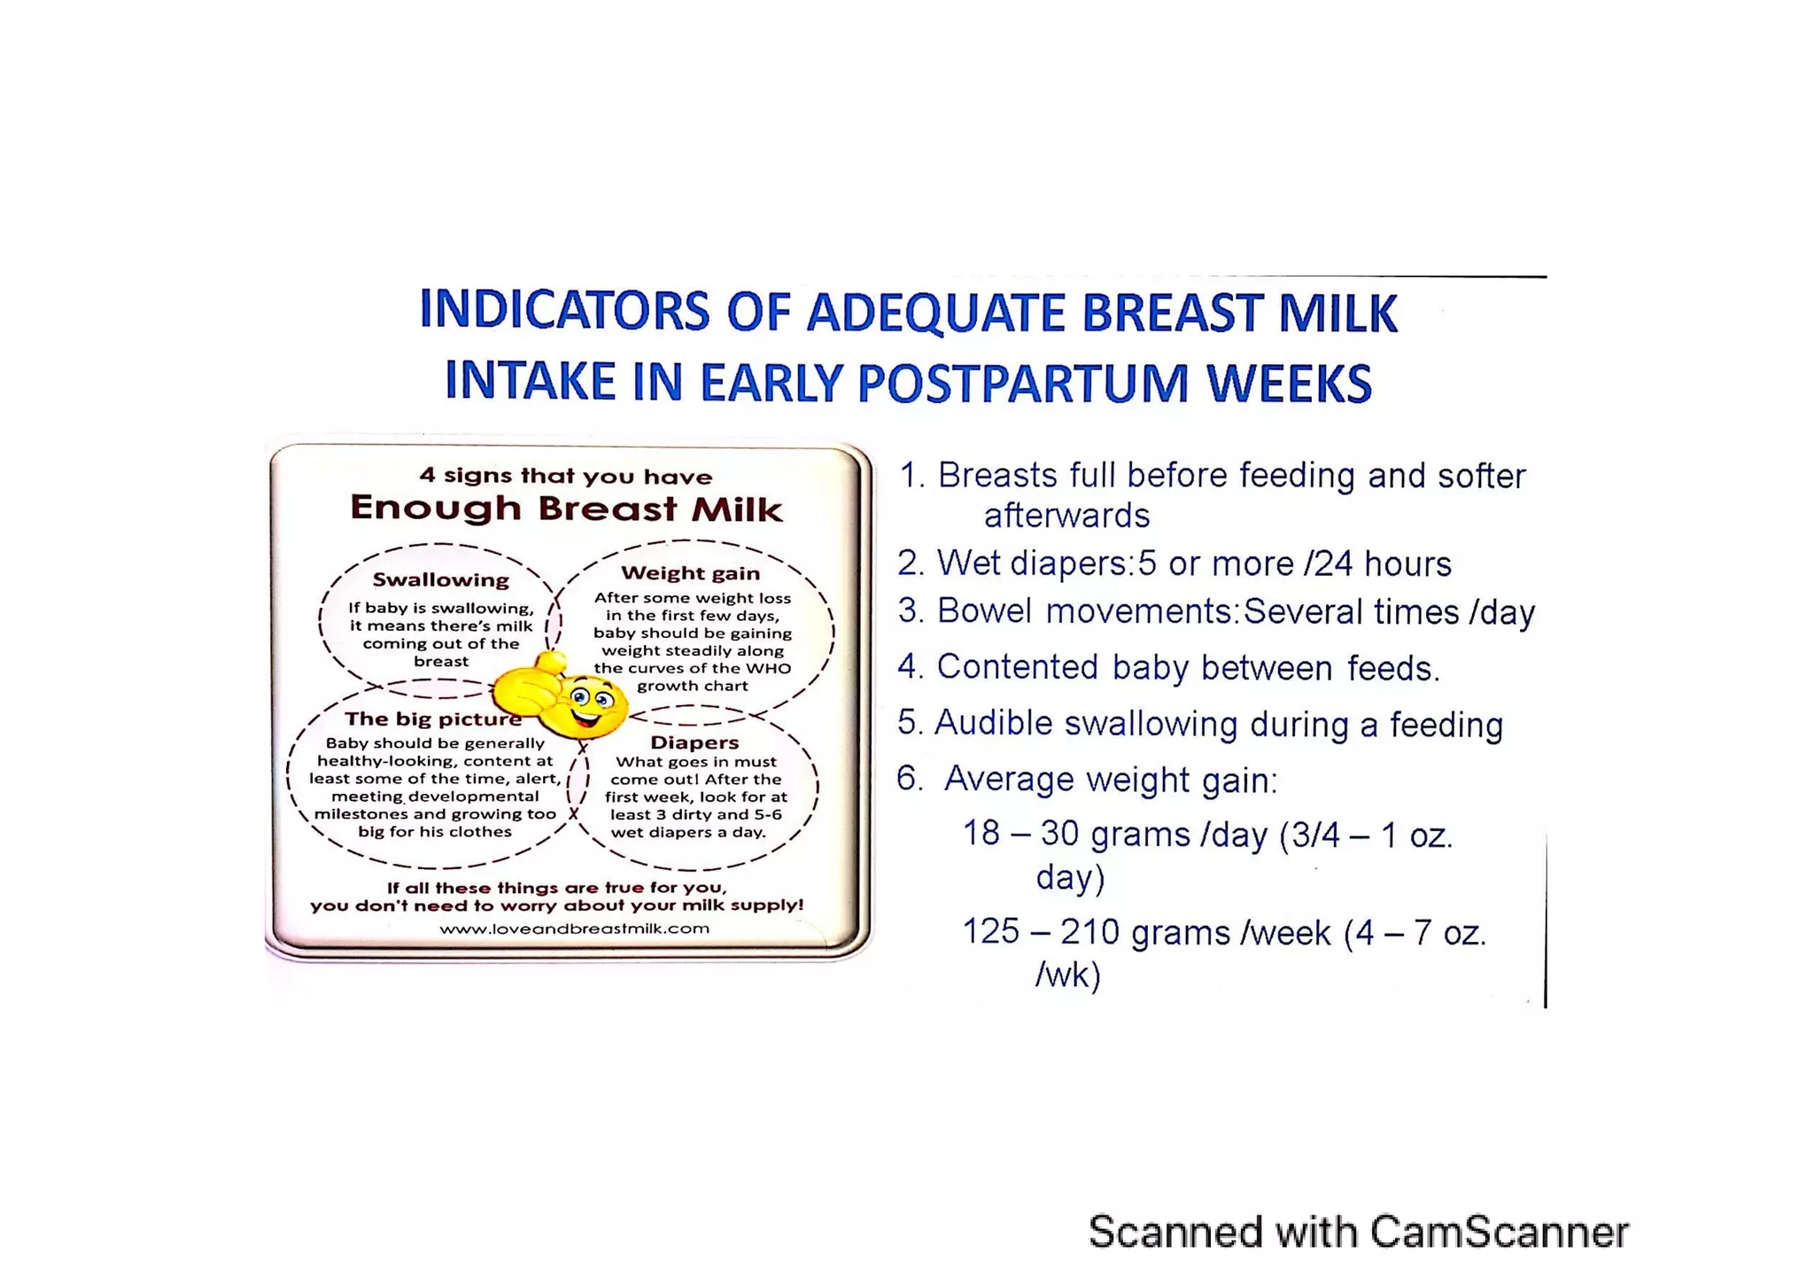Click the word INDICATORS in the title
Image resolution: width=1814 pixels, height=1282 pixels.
pos(564,311)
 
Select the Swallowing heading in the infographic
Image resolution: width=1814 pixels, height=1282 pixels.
pos(440,580)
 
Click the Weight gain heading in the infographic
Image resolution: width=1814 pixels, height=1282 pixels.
pos(690,573)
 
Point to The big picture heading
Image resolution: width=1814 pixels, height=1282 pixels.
pos(432,719)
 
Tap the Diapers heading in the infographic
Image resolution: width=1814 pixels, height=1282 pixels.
pos(694,742)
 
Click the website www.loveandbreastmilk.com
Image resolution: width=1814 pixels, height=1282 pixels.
pos(574,928)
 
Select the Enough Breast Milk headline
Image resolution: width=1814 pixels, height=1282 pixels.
pos(566,509)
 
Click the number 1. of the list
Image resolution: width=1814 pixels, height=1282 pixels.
pos(911,476)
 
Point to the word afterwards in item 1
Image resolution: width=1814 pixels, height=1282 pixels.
pos(1066,516)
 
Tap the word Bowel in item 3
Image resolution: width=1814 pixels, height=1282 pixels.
pos(984,611)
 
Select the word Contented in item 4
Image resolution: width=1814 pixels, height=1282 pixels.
pos(1017,667)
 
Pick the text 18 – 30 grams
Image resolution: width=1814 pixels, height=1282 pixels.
pos(1076,835)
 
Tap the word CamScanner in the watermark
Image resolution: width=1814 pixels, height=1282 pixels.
pos(1499,1231)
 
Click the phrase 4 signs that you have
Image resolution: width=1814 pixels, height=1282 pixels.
pos(566,476)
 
